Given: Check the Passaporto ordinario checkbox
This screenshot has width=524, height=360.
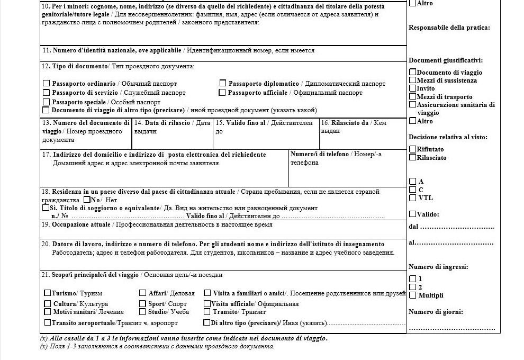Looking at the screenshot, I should [x=47, y=83].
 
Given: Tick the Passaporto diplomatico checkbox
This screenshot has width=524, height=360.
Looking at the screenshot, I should [x=223, y=83].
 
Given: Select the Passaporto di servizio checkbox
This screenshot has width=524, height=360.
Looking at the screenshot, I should [x=47, y=92].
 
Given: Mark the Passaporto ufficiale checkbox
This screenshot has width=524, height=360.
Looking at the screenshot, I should [x=223, y=92].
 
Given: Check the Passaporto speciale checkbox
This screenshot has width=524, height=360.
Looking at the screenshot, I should [x=47, y=102].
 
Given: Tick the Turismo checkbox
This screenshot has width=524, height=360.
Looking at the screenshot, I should [x=48, y=293].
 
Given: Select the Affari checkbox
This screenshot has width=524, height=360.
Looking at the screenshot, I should [x=143, y=293].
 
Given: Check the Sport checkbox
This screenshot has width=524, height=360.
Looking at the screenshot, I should [x=143, y=304].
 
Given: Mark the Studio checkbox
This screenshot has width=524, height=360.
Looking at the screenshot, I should [x=143, y=312].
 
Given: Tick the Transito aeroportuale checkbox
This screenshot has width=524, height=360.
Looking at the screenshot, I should [x=48, y=322].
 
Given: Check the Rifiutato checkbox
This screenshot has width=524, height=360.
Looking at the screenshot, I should [x=413, y=149].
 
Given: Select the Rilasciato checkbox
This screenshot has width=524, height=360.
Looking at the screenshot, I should [x=413, y=157].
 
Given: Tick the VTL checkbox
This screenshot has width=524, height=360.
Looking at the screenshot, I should [x=413, y=198].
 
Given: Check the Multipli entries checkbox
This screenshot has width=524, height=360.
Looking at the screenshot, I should [x=413, y=295].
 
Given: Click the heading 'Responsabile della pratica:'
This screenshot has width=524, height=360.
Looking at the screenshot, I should [x=449, y=28].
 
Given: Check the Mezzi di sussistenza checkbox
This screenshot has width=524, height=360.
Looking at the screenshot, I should [x=413, y=80].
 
